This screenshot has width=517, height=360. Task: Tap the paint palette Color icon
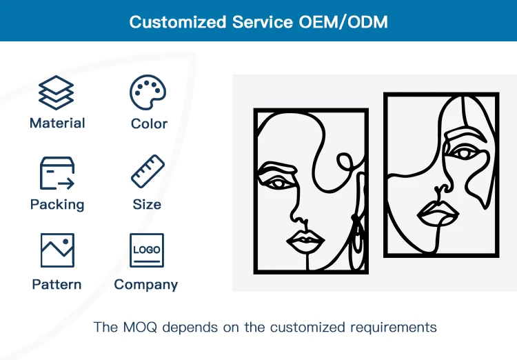[149, 93]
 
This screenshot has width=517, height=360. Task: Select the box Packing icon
[57, 173]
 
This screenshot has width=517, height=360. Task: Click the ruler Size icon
[148, 172]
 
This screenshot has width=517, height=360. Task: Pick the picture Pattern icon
[57, 250]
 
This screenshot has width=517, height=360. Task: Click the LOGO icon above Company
[147, 250]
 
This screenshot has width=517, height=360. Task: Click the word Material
[57, 123]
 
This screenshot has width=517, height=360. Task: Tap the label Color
[149, 124]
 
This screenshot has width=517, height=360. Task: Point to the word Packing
[57, 205]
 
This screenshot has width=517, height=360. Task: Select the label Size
[147, 205]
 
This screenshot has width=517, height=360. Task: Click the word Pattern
[57, 284]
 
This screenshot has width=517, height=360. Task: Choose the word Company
[146, 284]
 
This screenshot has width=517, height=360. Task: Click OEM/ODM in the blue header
[345, 21]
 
